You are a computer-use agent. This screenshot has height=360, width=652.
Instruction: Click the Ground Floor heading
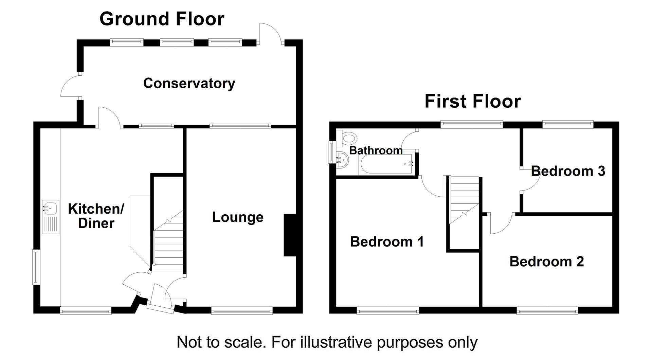162,19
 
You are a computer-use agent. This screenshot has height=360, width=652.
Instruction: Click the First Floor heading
473,101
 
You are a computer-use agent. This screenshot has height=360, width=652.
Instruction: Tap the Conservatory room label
189,84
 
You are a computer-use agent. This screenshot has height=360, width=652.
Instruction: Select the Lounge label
238,217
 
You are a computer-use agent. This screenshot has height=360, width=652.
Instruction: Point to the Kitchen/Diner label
96,216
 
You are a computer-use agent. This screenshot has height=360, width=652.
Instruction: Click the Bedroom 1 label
387,242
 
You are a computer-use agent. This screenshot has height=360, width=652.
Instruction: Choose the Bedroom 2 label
547,262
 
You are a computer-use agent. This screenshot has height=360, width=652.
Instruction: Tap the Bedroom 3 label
568,171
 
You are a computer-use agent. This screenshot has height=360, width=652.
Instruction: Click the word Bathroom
376,150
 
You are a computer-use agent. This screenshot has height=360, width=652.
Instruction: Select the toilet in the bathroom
348,139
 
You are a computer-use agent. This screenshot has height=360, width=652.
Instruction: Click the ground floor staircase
168,241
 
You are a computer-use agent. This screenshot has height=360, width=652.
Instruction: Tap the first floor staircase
464,200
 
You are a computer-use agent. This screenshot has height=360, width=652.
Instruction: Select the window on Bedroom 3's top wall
568,124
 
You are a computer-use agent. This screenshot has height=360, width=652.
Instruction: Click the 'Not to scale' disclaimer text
327,342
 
